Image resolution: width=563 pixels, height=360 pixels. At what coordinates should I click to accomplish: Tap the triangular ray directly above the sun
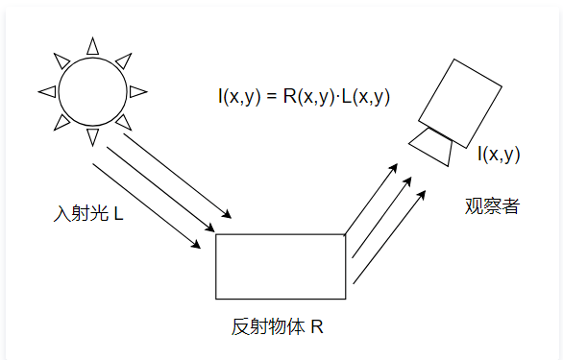[x=93, y=45]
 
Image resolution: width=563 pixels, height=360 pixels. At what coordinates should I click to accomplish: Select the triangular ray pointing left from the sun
[x=46, y=92]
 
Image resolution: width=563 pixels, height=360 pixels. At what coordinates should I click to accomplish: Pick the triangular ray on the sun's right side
[x=139, y=92]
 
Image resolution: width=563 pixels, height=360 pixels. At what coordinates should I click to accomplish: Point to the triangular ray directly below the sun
[x=93, y=137]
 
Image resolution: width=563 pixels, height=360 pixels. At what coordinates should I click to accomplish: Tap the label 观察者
[x=491, y=205]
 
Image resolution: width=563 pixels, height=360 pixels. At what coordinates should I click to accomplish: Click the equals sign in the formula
[x=271, y=97]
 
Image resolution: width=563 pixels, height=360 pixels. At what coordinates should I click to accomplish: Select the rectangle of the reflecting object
[x=280, y=266]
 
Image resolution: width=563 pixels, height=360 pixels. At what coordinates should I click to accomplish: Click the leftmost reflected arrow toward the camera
[x=371, y=198]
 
